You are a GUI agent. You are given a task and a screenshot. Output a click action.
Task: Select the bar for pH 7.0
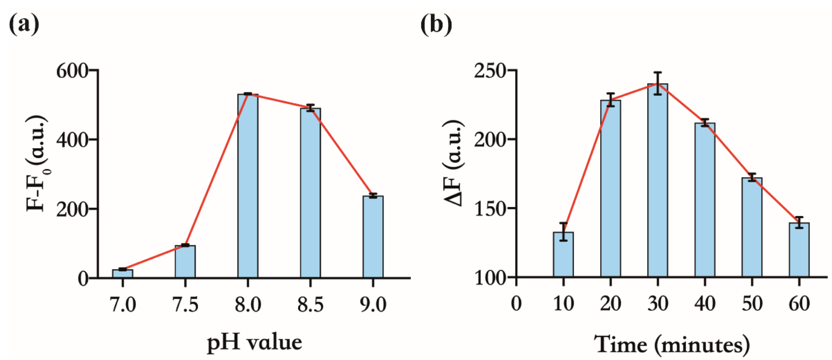click(x=122, y=274)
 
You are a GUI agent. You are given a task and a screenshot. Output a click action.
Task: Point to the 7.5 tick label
click(x=185, y=304)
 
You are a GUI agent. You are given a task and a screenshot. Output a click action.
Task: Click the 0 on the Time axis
click(x=516, y=304)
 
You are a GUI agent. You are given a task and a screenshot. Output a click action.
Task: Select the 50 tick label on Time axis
click(x=752, y=304)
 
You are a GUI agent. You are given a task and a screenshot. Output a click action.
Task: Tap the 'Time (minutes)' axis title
click(x=672, y=344)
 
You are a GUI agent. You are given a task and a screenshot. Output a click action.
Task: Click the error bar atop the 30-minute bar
click(x=657, y=83)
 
